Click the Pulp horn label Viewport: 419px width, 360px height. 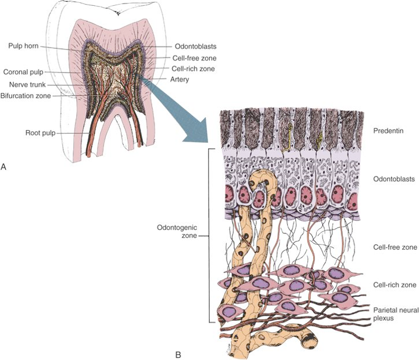click(x=24, y=45)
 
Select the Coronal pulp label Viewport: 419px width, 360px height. click(x=23, y=72)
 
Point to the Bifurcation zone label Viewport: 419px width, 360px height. click(x=26, y=95)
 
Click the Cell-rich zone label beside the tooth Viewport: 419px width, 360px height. click(x=194, y=69)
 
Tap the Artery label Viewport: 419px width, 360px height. click(x=184, y=79)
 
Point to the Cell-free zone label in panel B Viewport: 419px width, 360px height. click(x=393, y=247)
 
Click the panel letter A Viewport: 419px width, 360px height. click(x=5, y=167)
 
